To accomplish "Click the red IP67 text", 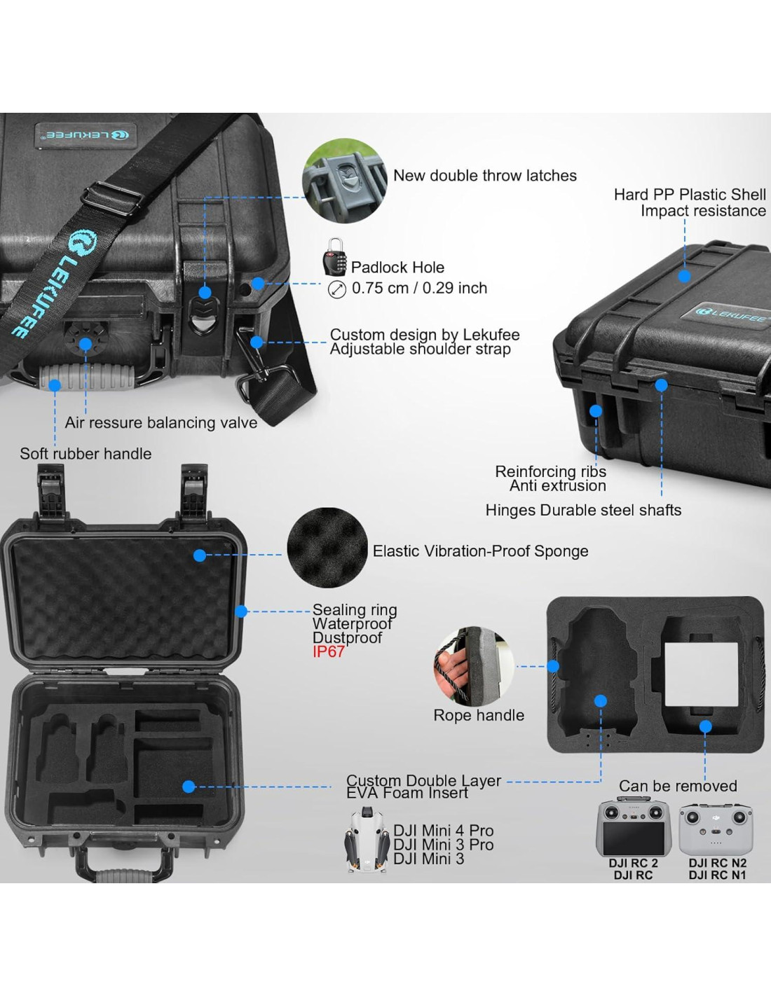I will pyautogui.click(x=329, y=652).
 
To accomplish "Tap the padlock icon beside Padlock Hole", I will pyautogui.click(x=334, y=257).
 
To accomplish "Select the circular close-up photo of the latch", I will pyautogui.click(x=344, y=181).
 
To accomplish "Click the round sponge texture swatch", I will pyautogui.click(x=327, y=548).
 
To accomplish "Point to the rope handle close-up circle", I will pyautogui.click(x=473, y=666).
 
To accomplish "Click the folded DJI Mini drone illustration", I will pyautogui.click(x=367, y=841).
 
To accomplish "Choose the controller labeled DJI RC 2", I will pyautogui.click(x=633, y=829).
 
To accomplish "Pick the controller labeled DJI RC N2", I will pyautogui.click(x=716, y=829).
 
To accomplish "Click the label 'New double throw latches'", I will pyautogui.click(x=485, y=176).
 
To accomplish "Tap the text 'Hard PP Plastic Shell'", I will pyautogui.click(x=690, y=195).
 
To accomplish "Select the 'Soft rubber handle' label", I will pyautogui.click(x=86, y=454).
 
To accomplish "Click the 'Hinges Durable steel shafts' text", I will pyautogui.click(x=583, y=511).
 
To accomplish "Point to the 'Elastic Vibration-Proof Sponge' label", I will pyautogui.click(x=480, y=551).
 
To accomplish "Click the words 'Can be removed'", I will pyautogui.click(x=678, y=786).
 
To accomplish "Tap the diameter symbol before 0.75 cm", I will pyautogui.click(x=337, y=289).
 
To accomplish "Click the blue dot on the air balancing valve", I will pyautogui.click(x=86, y=344).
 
